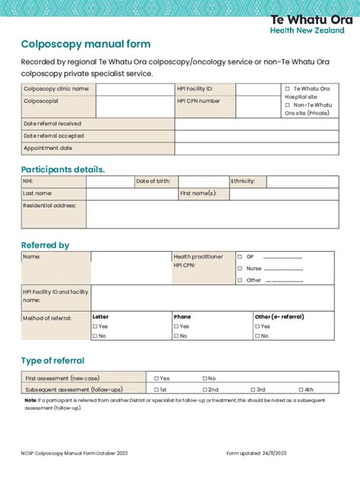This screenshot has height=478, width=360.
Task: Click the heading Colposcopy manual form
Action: pyautogui.click(x=85, y=45)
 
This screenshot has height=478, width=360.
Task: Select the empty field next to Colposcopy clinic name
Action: pyautogui.click(x=134, y=90)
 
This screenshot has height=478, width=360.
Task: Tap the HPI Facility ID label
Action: pyautogui.click(x=196, y=89)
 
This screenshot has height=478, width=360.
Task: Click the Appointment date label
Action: pyautogui.click(x=48, y=149)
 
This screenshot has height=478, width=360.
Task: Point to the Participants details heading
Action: pyautogui.click(x=63, y=169)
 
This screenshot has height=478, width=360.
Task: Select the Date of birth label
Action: pyautogui.click(x=153, y=182)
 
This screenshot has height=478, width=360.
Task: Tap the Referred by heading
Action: pyautogui.click(x=45, y=245)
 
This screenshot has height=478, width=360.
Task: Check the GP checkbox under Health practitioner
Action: pyautogui.click(x=240, y=256)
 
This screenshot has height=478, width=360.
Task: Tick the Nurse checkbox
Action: pyautogui.click(x=240, y=269)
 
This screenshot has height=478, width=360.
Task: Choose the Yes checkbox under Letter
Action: pyautogui.click(x=95, y=326)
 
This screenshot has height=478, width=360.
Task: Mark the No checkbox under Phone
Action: pyautogui.click(x=176, y=335)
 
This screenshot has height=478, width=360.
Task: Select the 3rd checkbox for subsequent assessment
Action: pyautogui.click(x=251, y=389)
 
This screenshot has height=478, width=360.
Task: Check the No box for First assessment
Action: pyautogui.click(x=204, y=378)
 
